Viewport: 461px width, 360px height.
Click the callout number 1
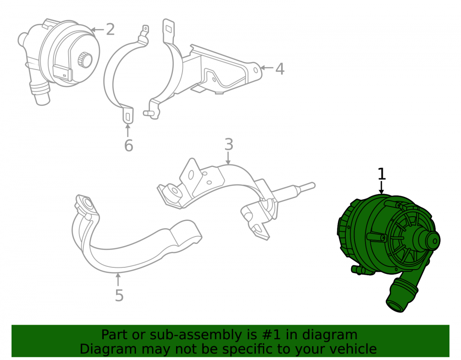tap(381, 174)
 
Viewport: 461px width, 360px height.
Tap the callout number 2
tap(110, 30)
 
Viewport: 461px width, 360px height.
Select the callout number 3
tap(229, 144)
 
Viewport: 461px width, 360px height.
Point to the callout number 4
tap(280, 69)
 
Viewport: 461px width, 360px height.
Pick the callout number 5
tap(119, 295)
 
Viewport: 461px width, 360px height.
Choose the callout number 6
tap(129, 145)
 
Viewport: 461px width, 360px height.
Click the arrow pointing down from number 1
tap(381, 187)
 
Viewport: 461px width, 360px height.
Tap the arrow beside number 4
tap(266, 68)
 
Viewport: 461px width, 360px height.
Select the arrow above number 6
tap(128, 130)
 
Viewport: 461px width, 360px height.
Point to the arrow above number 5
tap(118, 279)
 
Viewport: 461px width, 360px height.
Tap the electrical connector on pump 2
tap(62, 72)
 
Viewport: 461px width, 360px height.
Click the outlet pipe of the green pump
tap(401, 295)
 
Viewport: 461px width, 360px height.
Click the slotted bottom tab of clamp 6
tap(128, 116)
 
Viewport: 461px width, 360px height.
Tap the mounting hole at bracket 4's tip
tap(256, 70)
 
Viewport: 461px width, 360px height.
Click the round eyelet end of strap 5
tap(87, 203)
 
